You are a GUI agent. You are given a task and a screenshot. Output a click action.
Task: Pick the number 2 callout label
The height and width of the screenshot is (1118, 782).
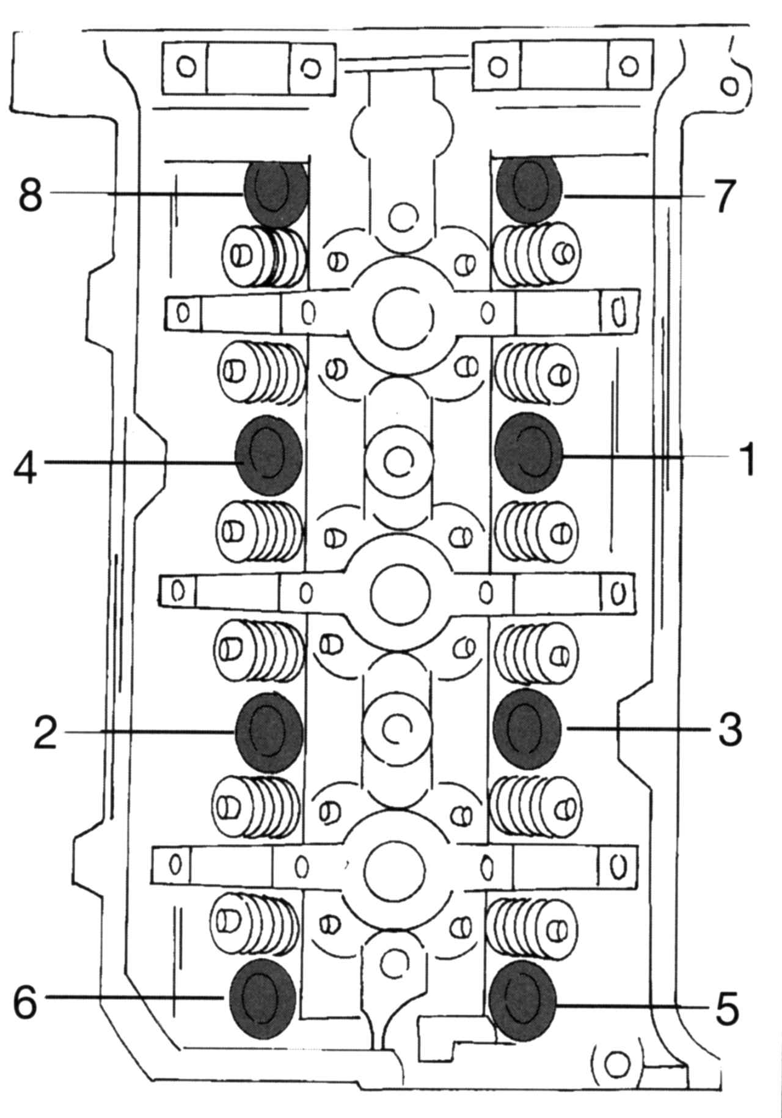(45, 732)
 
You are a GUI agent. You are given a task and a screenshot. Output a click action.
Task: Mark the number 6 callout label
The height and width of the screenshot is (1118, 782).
(26, 1001)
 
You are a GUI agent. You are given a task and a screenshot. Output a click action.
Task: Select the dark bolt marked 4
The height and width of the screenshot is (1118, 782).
(268, 455)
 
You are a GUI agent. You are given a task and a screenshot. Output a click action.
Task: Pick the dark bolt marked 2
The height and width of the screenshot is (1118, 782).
(269, 732)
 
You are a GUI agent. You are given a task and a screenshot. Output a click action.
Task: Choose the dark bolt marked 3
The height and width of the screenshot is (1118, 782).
(527, 728)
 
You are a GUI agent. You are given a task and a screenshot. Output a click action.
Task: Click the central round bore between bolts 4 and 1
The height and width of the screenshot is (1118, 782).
(398, 461)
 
